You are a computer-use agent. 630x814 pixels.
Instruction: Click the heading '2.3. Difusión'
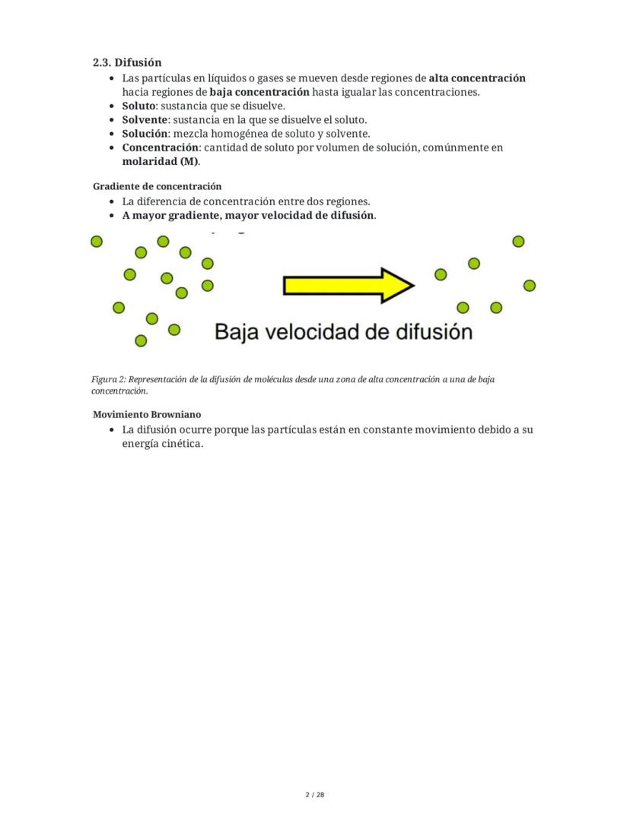127,62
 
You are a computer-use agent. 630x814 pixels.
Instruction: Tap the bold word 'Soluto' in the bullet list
138,106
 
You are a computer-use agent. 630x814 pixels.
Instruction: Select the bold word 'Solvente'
145,119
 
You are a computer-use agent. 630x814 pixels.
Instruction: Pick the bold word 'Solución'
145,134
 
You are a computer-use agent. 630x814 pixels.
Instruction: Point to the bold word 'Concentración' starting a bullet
160,147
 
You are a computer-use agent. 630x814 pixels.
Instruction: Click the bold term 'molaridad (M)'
160,161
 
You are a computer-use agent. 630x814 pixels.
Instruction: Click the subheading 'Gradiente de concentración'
157,186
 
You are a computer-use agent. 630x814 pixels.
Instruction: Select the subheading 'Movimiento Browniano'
147,415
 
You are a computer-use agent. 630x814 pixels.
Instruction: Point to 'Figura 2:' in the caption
108,378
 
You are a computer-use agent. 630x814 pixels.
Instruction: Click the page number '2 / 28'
315,795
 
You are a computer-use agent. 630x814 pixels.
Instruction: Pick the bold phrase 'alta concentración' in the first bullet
477,78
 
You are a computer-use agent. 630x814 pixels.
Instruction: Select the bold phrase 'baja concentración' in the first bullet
259,92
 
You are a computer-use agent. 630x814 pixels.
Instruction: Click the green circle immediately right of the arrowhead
441,274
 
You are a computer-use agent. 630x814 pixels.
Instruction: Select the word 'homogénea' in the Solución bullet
234,134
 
